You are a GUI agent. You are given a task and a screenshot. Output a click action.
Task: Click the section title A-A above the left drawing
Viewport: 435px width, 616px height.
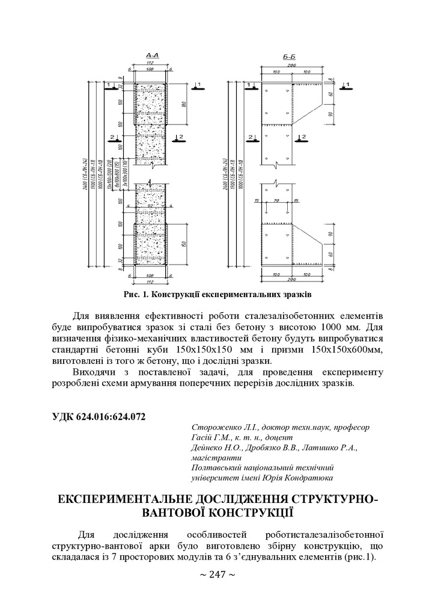(x=151, y=55)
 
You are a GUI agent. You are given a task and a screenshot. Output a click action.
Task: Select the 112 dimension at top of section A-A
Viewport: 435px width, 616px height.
(x=151, y=63)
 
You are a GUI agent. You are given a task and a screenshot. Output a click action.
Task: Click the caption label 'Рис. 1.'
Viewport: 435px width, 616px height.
(x=136, y=295)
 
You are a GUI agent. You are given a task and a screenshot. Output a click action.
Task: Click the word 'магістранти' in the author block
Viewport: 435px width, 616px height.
(x=213, y=458)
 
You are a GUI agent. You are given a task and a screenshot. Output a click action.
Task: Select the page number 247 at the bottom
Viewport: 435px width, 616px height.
(x=217, y=574)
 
